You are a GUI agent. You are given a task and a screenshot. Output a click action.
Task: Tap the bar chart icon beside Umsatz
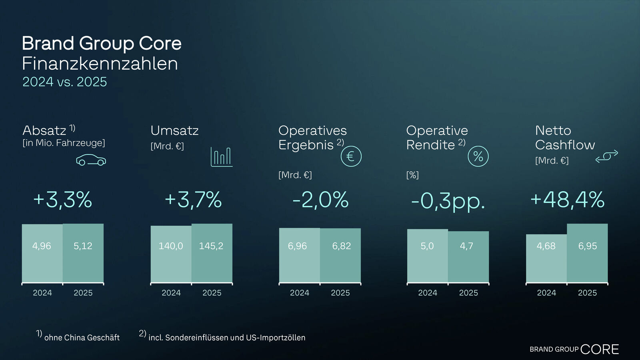(222, 157)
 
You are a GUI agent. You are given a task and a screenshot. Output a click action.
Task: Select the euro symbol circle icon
(351, 156)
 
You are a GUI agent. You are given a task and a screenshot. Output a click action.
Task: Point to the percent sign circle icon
(478, 156)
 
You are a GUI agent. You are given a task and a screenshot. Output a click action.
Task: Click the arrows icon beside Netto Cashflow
(606, 156)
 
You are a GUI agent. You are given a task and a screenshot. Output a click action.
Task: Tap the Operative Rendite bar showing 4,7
(468, 257)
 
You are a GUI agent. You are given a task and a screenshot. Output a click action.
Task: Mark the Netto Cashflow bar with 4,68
(546, 258)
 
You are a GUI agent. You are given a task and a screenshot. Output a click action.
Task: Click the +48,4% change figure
(567, 200)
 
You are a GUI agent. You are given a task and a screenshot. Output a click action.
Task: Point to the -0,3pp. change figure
(448, 201)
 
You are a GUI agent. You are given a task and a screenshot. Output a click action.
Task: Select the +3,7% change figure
(193, 200)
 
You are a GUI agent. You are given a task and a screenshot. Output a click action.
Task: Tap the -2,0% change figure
(320, 200)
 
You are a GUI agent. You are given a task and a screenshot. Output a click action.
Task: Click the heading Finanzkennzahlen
(100, 64)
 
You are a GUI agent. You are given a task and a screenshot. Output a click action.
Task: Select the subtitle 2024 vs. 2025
(65, 82)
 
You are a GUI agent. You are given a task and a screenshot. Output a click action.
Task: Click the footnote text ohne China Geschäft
(82, 338)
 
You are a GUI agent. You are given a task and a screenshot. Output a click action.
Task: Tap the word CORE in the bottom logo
(599, 349)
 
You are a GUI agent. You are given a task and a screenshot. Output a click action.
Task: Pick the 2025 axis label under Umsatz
(212, 293)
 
